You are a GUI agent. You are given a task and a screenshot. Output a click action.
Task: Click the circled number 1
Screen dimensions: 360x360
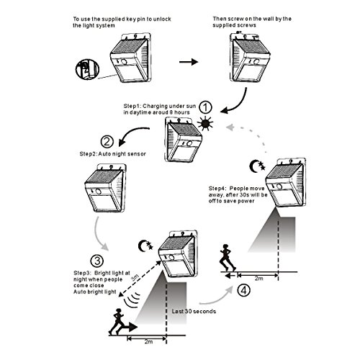[x=206, y=107]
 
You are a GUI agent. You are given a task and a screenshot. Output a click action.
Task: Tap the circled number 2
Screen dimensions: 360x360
[x=107, y=142]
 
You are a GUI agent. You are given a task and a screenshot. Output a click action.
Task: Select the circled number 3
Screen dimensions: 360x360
[x=97, y=261]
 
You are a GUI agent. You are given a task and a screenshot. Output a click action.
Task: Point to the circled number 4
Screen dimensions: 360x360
[x=243, y=290]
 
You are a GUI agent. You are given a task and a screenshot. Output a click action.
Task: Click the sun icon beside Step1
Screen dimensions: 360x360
[x=205, y=123]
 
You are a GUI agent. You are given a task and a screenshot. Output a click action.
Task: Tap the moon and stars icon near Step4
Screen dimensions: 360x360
[x=257, y=166]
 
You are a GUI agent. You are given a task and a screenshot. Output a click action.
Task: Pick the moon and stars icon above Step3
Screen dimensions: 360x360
[x=145, y=246]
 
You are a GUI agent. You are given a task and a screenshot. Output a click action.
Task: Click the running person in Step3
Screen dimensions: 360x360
[x=117, y=322]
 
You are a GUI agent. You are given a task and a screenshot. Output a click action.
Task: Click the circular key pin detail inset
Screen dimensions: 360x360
[x=87, y=69]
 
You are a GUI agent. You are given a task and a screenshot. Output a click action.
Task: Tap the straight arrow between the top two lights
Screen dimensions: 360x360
[x=189, y=62]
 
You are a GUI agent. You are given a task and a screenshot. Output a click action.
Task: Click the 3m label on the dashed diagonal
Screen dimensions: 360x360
[x=135, y=278]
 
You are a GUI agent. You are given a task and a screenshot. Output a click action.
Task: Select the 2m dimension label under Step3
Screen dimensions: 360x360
[x=148, y=341]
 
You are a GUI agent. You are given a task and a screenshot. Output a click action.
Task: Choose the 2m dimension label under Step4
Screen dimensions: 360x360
[x=258, y=279]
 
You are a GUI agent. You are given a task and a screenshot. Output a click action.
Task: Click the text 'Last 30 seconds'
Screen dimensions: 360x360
[x=194, y=311]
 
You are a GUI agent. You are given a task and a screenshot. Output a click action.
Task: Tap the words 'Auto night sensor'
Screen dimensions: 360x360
[x=122, y=154]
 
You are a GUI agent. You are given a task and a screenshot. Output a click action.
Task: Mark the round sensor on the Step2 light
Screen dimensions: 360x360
[x=99, y=192]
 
